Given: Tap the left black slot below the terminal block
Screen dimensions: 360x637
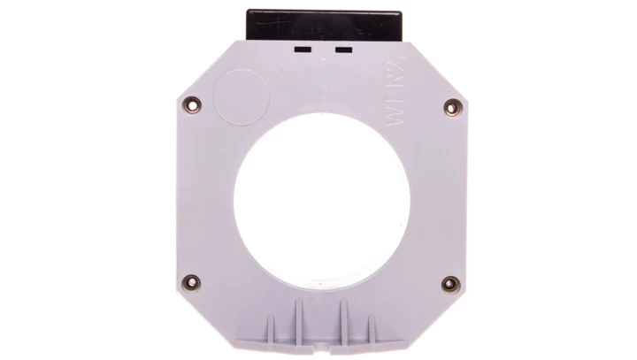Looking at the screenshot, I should click(x=302, y=50).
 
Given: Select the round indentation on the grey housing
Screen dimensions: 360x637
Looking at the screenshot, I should click(x=241, y=94).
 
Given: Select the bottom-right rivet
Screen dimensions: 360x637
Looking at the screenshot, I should click(x=449, y=284).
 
